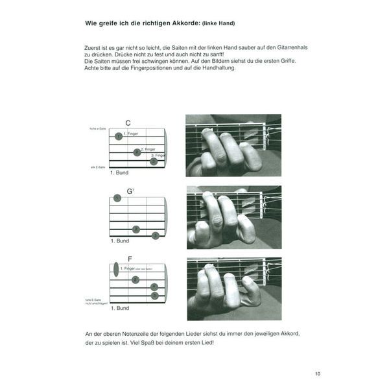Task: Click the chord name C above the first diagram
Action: pos(128,123)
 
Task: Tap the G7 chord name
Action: pos(130,191)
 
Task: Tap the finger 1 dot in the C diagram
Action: pos(118,136)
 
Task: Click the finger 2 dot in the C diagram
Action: pos(137,152)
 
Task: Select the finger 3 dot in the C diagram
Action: pos(154,161)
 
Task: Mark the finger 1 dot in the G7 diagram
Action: pos(117,198)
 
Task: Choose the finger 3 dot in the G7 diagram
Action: pos(155,236)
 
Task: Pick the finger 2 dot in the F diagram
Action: pos(136,279)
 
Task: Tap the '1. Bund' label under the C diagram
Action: pos(120,174)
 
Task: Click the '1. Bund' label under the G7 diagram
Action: pos(120,241)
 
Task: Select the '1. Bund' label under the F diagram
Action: pos(120,308)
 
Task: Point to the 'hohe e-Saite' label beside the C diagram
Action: pos(98,129)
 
